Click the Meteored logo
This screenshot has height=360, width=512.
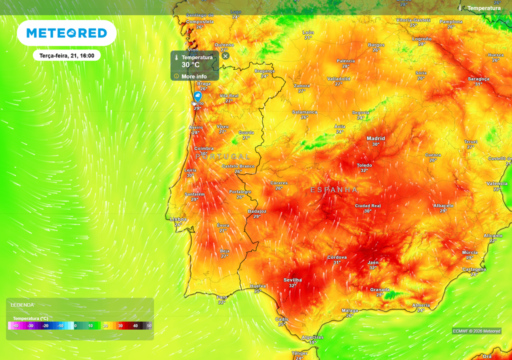point(66,33)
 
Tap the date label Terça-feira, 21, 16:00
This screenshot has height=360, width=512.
point(67,55)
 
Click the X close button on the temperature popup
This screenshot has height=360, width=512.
point(225,56)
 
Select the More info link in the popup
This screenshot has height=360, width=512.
point(194,76)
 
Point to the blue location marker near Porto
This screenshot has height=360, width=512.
point(198,95)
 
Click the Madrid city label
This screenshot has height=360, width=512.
point(376,138)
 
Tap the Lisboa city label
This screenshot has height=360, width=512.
point(178,219)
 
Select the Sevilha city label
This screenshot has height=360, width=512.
point(292,280)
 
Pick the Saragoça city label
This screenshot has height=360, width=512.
point(478,79)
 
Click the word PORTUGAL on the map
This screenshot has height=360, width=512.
point(222,156)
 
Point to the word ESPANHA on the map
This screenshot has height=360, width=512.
point(334,190)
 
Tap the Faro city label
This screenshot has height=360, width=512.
point(222,296)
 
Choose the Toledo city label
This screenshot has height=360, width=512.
point(364,165)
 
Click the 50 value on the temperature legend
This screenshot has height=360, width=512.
point(149,326)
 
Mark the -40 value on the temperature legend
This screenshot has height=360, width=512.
point(15,326)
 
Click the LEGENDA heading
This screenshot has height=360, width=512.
point(22,304)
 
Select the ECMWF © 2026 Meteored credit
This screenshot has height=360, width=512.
point(476,331)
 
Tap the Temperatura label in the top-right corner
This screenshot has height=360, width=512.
point(483,8)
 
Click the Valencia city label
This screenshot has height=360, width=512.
point(496,183)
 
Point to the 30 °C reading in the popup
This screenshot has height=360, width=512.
point(190,65)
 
